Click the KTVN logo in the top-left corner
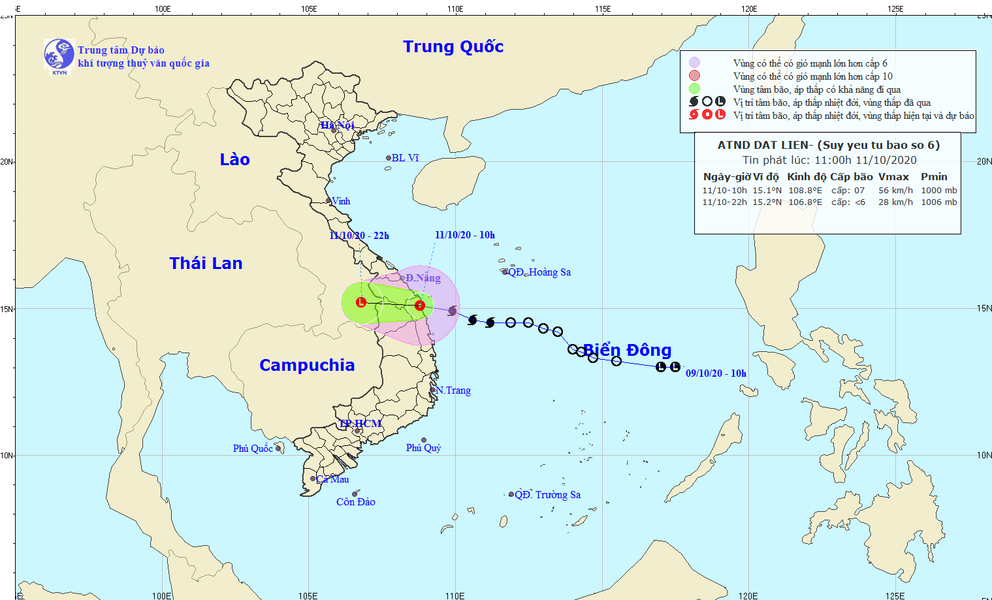(x=59, y=55)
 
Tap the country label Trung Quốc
(x=453, y=46)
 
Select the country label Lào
(x=234, y=159)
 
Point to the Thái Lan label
(x=206, y=263)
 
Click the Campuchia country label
(x=307, y=365)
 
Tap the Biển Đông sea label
(x=627, y=351)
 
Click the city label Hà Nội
(x=337, y=125)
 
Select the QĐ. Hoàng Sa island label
(x=539, y=272)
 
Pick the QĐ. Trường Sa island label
(x=547, y=495)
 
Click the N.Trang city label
(x=453, y=390)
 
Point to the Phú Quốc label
(x=253, y=449)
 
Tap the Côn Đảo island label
(x=356, y=502)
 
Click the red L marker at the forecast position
(x=361, y=302)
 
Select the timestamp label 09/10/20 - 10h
(x=716, y=373)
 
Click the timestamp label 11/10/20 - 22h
(x=359, y=236)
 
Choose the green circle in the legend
(x=694, y=89)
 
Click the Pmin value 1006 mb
(x=938, y=202)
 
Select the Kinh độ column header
(x=806, y=177)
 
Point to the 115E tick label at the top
(x=603, y=9)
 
